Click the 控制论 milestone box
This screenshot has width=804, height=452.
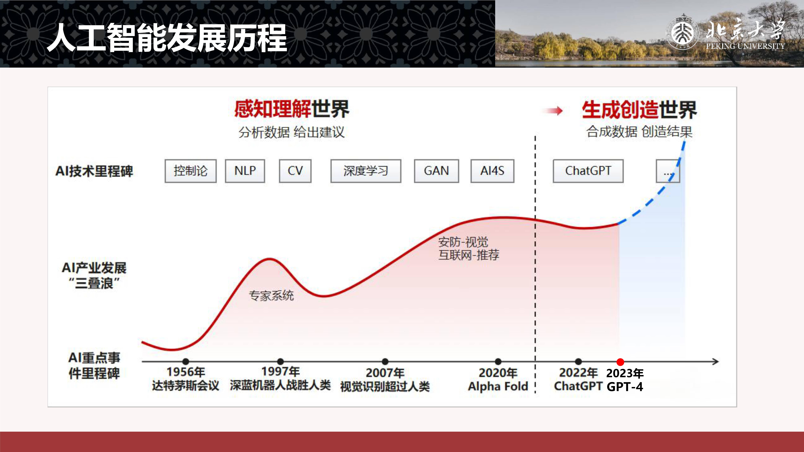(190, 171)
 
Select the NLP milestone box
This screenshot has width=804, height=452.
(245, 171)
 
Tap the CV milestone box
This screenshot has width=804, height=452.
(295, 171)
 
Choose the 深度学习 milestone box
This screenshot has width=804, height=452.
(366, 171)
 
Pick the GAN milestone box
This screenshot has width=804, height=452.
(436, 171)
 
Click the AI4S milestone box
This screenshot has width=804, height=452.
(492, 171)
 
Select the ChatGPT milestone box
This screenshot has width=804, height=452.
(588, 171)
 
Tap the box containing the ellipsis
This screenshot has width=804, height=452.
(668, 171)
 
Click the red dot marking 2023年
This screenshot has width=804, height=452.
(620, 362)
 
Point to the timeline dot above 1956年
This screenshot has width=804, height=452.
(186, 361)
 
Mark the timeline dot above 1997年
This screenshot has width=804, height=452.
(280, 361)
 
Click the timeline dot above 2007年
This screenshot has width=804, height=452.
(385, 361)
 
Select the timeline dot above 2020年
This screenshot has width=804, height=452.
(498, 361)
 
